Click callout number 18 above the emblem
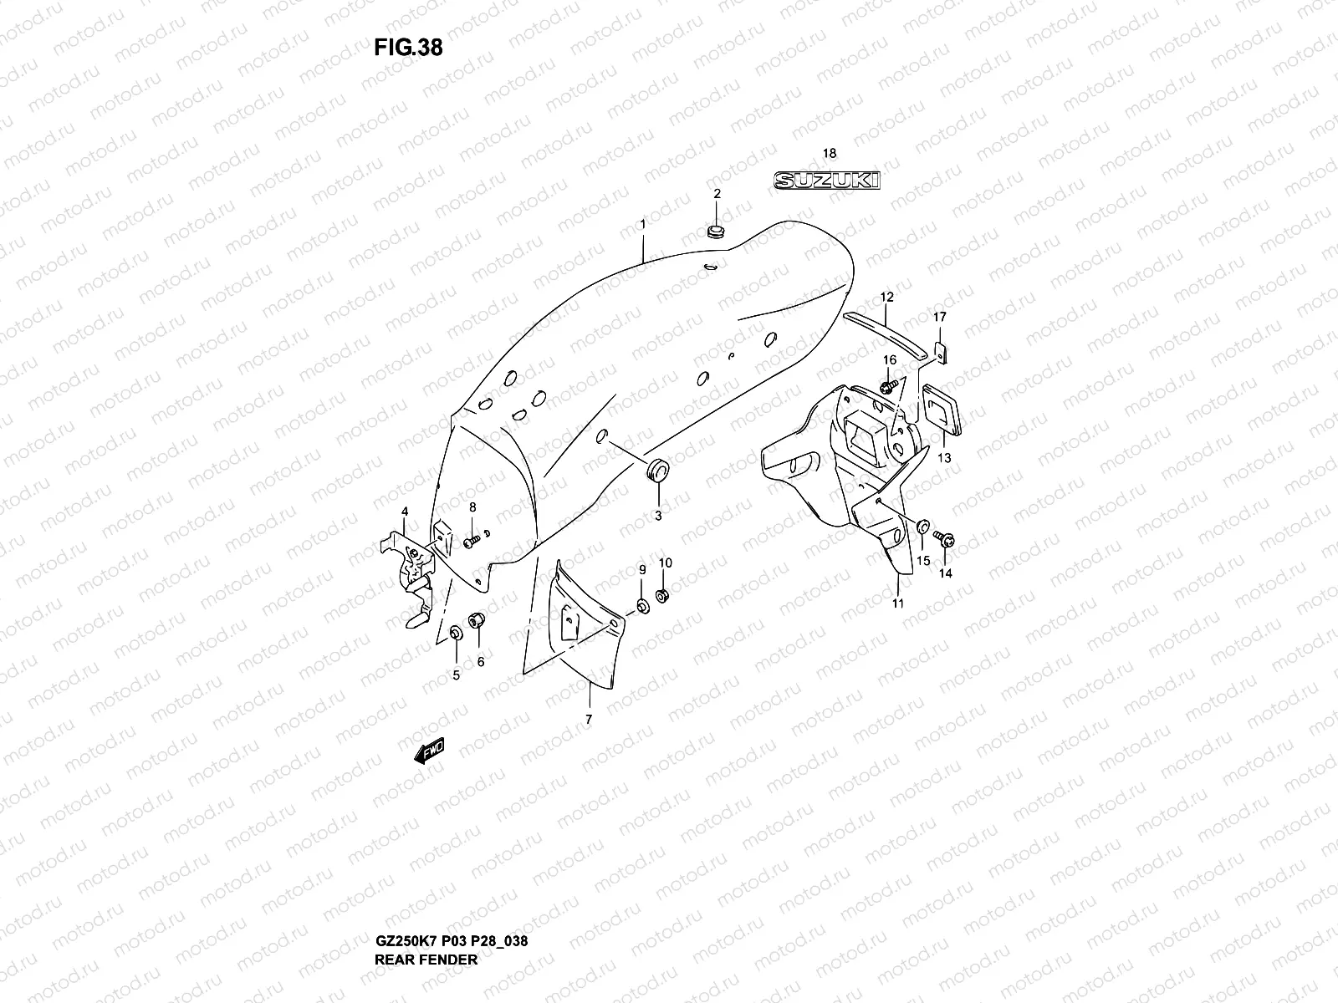coord(829,153)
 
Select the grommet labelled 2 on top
coord(716,231)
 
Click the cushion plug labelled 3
coord(659,471)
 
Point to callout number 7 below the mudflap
coord(588,719)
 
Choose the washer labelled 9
coord(641,604)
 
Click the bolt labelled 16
coord(887,386)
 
